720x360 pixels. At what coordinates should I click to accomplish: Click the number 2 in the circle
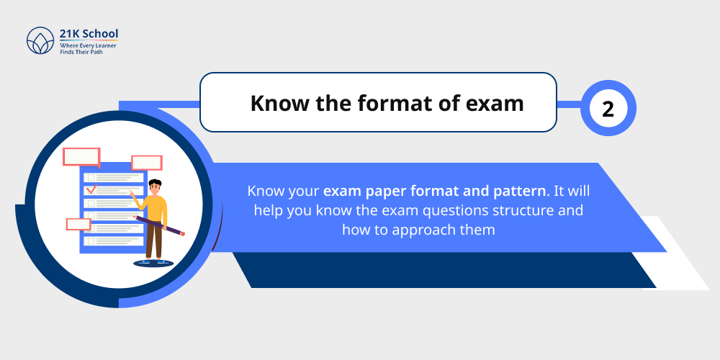coord(608,109)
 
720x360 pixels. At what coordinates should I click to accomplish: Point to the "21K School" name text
coord(89,35)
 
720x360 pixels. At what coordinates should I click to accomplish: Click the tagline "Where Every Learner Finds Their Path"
coord(88,49)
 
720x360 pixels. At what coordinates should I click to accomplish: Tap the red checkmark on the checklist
coord(91,190)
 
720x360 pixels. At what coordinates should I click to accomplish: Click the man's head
coord(156,186)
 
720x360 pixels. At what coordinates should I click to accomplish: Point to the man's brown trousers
coord(154,241)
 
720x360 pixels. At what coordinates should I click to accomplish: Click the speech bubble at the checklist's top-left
coord(81,157)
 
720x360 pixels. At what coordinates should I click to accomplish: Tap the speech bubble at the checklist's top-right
coord(146,163)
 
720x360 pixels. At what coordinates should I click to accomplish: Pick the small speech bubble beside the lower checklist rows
coord(78,224)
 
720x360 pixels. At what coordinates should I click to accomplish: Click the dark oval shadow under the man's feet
coord(153,264)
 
